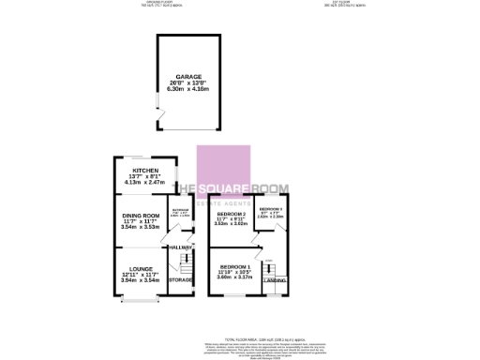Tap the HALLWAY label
(180, 247)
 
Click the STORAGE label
(180, 280)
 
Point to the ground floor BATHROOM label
(180, 210)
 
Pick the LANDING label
(275, 280)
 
